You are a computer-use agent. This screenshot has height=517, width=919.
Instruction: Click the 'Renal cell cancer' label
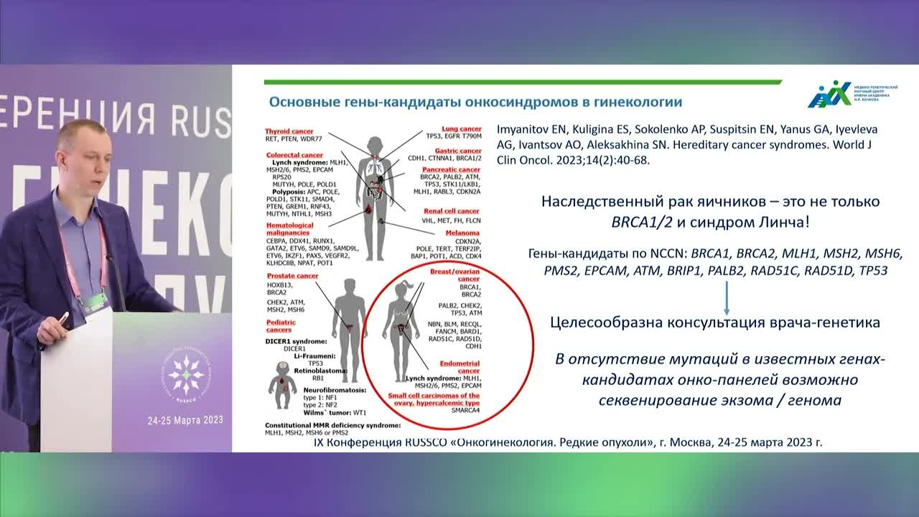pyautogui.click(x=450, y=211)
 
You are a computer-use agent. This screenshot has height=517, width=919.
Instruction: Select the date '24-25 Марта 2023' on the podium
pyautogui.click(x=185, y=420)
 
